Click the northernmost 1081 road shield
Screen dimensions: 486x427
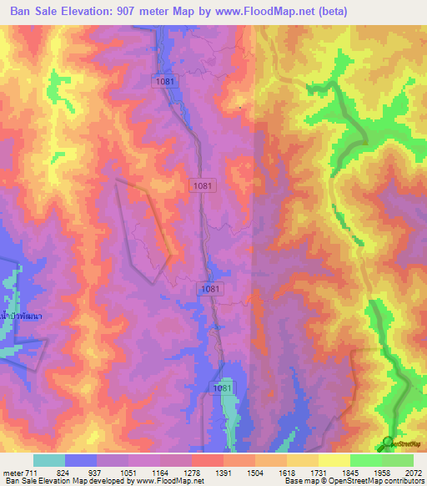[165, 80]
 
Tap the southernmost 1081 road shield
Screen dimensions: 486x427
[222, 388]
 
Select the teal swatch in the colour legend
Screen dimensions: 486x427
[49, 460]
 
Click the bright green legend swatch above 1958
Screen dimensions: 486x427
[365, 460]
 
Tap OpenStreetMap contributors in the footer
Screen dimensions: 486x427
[378, 481]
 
